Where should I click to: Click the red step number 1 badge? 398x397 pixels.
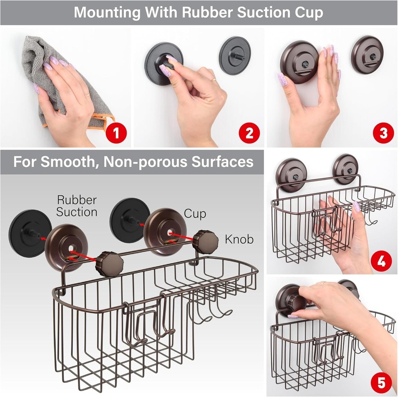tap(116, 133)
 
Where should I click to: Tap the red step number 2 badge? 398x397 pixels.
tap(249, 133)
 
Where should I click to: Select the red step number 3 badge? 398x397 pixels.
tap(383, 133)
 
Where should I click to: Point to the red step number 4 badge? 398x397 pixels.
tap(381, 262)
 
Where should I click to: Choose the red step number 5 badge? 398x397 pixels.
tap(381, 383)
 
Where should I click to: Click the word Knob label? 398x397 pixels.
tap(239, 239)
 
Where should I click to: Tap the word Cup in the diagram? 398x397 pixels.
tap(195, 214)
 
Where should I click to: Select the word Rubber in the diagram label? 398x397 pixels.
tap(77, 200)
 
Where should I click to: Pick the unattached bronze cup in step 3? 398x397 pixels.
tap(367, 54)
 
